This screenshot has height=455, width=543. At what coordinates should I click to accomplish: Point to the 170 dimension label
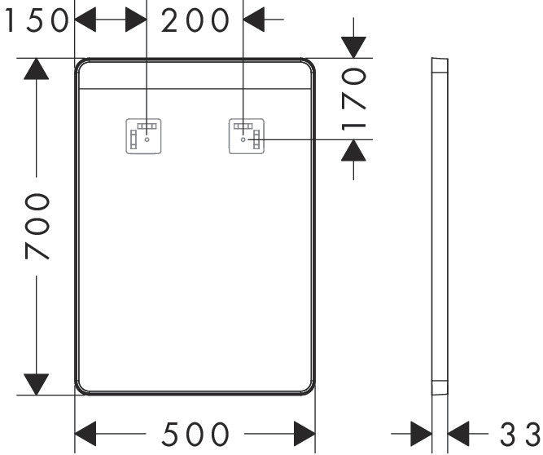355,99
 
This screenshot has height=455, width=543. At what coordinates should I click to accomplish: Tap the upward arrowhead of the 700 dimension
36,69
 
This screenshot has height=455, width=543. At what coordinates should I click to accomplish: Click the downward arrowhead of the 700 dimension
36,383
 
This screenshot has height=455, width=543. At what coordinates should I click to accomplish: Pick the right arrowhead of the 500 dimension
304,433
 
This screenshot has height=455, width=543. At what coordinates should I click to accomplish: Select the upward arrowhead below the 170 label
353,150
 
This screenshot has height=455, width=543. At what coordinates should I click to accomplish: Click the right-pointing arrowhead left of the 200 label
135,20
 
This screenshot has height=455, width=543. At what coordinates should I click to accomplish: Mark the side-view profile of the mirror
438,225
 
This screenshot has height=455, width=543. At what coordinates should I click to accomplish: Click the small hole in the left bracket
147,139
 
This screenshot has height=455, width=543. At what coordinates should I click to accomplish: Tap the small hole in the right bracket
243,139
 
